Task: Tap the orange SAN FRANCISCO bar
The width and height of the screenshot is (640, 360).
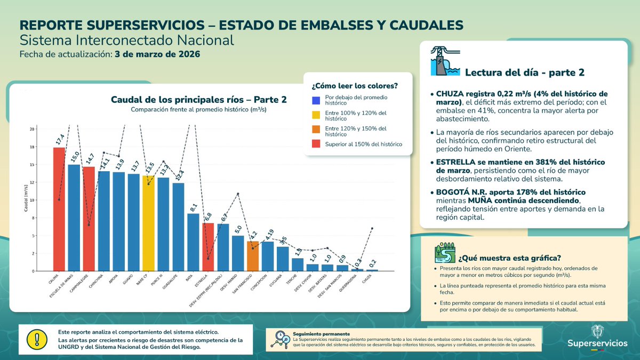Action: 253,256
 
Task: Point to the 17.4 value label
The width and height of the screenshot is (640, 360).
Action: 60,140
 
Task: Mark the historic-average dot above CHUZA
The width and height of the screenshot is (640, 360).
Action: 372,228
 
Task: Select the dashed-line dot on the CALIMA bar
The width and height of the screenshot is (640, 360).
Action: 59,200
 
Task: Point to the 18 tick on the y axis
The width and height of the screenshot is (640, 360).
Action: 33,147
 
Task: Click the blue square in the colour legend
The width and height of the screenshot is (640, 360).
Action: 316,100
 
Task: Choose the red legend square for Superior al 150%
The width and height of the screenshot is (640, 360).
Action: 316,144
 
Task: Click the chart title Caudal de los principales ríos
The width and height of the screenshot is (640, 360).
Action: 198,99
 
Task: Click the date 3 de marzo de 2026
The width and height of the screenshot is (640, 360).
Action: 158,54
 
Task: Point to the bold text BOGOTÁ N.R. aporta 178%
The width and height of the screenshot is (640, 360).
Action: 510,192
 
